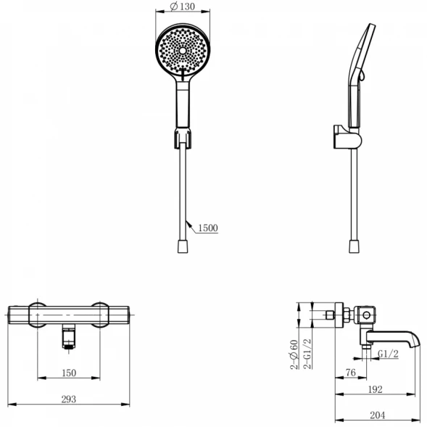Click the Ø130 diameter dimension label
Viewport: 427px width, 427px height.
click(183, 7)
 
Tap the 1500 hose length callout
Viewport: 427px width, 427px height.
click(208, 228)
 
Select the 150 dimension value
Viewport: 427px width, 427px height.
click(69, 373)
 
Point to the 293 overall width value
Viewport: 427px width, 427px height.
click(69, 399)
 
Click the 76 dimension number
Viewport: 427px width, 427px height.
click(351, 373)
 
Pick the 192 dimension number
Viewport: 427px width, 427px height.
click(376, 389)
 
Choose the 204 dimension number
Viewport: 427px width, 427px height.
click(378, 415)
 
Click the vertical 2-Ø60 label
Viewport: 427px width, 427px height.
click(294, 355)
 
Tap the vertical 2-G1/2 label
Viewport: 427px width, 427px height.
click(307, 354)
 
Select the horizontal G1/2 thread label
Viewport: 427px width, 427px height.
click(389, 354)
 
